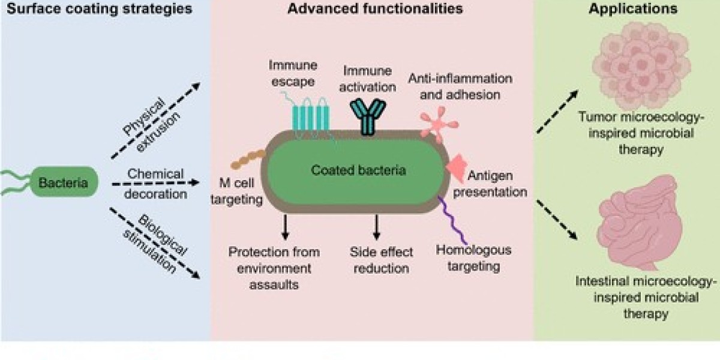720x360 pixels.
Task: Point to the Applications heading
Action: [x=625, y=10]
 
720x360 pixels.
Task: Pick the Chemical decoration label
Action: [x=156, y=184]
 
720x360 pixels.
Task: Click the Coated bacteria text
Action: [x=358, y=170]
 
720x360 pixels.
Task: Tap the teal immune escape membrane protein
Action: [x=312, y=112]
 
